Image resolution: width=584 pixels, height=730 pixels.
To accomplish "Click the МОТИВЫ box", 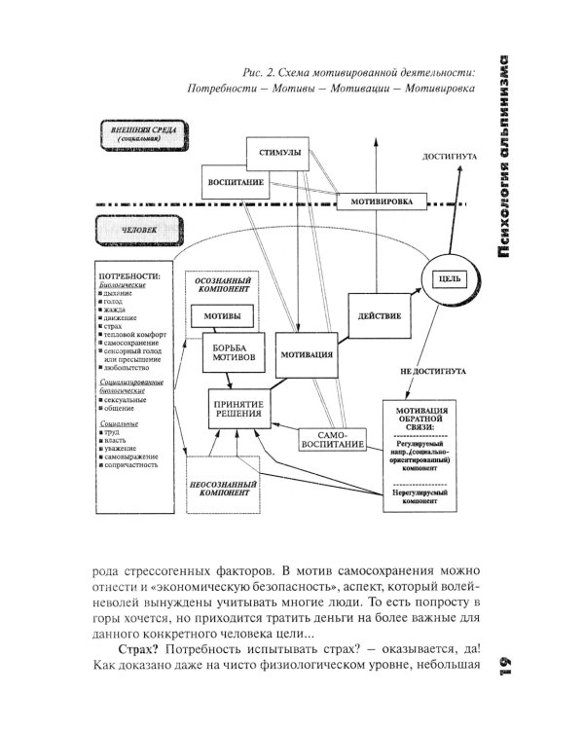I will [x=223, y=316].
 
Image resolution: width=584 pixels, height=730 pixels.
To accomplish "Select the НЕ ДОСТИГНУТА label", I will [x=431, y=371].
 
